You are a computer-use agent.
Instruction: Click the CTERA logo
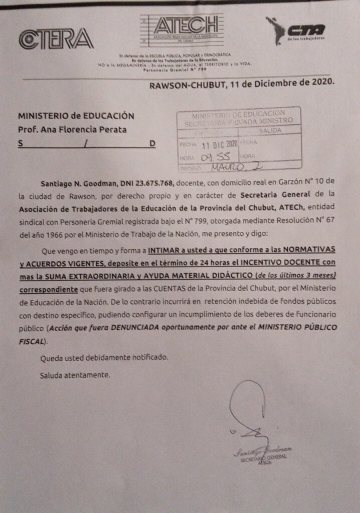(56, 39)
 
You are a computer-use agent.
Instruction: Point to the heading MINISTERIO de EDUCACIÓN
(76, 116)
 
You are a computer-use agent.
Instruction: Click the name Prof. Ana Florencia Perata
(72, 130)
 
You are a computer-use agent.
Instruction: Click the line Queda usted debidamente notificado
(104, 358)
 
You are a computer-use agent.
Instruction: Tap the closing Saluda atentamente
(75, 374)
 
